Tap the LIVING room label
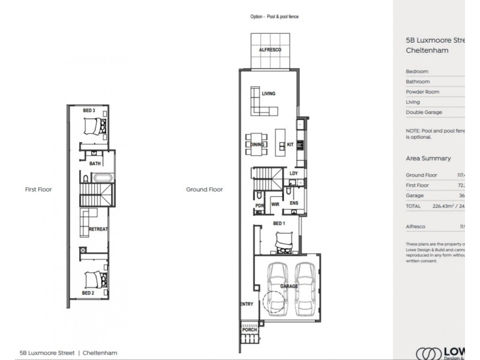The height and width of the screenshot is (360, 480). pos(268,94)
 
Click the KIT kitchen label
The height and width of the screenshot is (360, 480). pos(290,144)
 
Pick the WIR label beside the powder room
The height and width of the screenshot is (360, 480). pos(275,204)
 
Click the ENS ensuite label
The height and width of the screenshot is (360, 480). pos(294,204)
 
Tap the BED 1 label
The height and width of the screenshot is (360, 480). pos(278,223)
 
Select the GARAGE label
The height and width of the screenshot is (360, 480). pos(289,286)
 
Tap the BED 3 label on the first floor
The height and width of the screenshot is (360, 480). pos(89,110)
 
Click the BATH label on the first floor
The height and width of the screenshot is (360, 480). pos(95,163)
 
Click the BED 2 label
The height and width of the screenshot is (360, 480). pos(89,293)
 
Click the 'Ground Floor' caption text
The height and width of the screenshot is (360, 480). pos(204,189)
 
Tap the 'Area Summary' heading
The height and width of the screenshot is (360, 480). pos(428,158)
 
